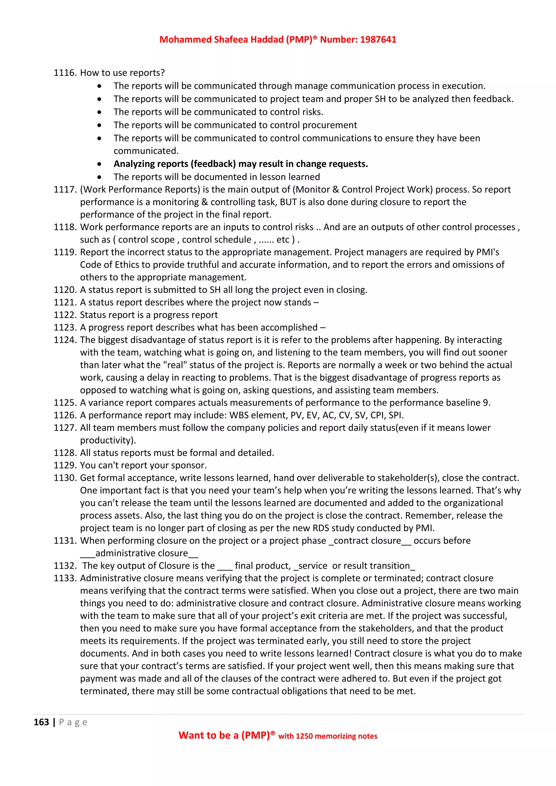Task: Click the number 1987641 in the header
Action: (x=378, y=40)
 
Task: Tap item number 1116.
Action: (x=65, y=73)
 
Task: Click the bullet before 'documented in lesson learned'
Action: (x=99, y=177)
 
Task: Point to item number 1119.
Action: (x=65, y=252)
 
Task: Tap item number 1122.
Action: (x=65, y=315)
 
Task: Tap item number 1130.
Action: (x=65, y=478)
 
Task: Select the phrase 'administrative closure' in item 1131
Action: (x=141, y=553)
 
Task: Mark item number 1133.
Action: (x=65, y=578)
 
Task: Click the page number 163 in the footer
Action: (x=42, y=722)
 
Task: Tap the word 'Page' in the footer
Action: (x=73, y=722)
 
